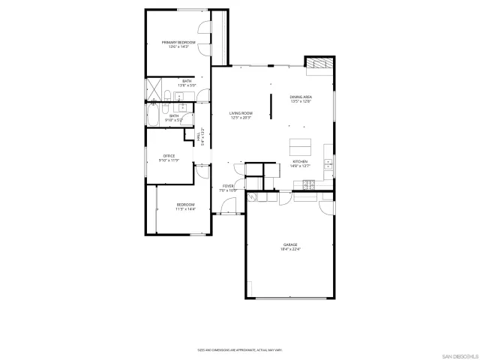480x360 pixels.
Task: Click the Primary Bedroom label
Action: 178,42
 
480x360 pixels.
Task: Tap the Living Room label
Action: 240,112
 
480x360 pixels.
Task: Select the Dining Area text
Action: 301,97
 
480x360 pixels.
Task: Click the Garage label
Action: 290,244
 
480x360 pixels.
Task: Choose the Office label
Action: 169,155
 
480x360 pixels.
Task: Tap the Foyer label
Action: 228,186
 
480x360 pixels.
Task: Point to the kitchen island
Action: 300,145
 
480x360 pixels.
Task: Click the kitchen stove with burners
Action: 328,163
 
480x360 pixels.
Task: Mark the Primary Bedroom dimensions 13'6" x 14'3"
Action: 178,46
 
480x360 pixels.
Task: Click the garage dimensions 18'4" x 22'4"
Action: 290,249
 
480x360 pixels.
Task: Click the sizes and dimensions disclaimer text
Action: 239,349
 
